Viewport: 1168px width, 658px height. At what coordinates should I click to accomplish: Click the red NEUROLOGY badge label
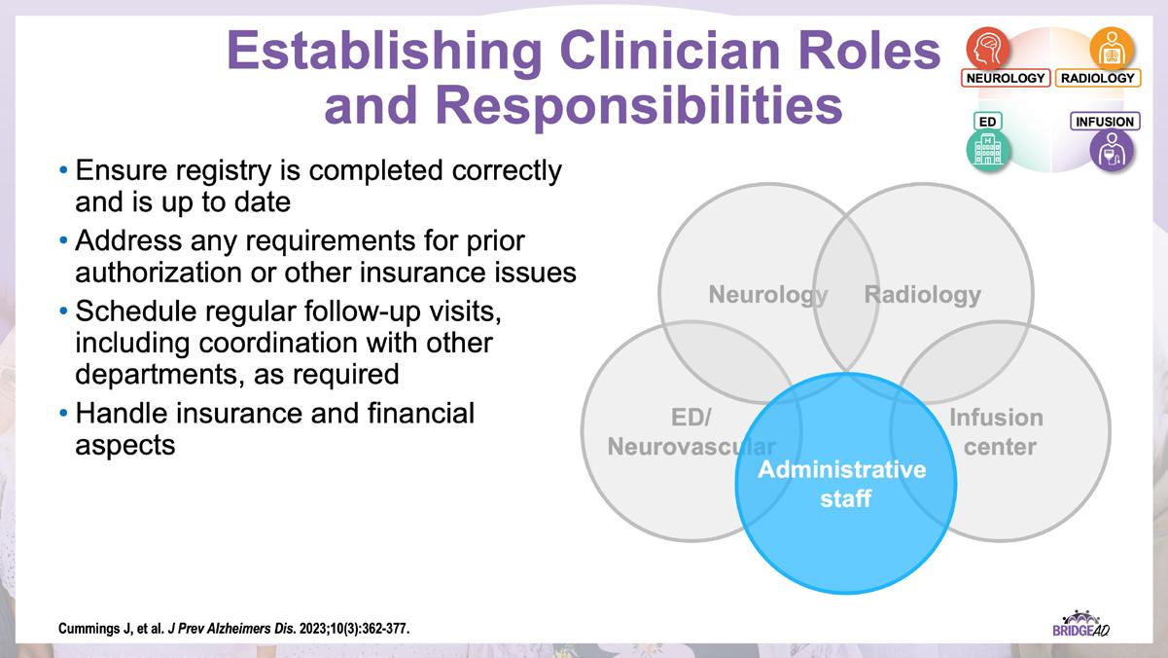(x=1006, y=78)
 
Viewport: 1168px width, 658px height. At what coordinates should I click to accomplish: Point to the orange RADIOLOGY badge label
(x=1097, y=78)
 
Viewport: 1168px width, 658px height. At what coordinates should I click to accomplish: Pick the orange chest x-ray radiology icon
(x=1112, y=47)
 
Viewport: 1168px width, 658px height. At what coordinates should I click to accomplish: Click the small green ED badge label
(x=987, y=122)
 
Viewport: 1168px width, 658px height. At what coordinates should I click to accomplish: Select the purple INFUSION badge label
(x=1105, y=122)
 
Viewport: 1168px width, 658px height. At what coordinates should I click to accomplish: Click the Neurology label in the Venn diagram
(x=767, y=294)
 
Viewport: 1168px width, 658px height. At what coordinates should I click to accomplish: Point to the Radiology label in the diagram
(x=923, y=294)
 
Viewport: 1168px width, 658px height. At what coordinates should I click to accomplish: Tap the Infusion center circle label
(x=996, y=432)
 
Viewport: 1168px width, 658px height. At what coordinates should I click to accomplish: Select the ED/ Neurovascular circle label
(x=691, y=432)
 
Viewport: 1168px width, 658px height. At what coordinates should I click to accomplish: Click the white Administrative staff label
(x=841, y=484)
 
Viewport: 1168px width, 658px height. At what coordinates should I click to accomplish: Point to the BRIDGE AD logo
(x=1080, y=623)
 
